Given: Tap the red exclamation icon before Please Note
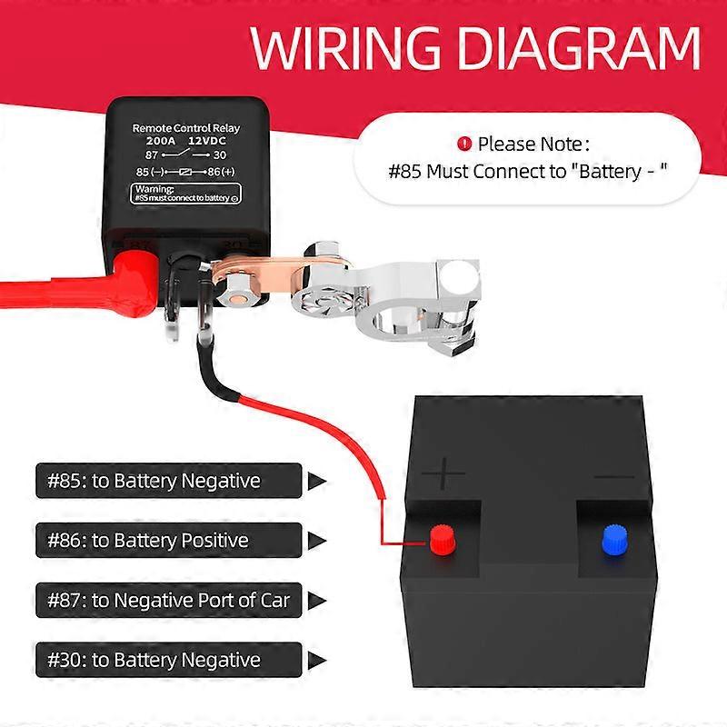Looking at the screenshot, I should point(465,143).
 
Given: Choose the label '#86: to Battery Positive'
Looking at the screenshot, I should point(148,541).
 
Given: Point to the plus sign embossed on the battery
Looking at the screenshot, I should point(444,474).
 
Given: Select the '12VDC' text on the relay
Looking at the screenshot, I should point(205,142).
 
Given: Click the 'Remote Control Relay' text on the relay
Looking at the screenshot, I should point(185,128).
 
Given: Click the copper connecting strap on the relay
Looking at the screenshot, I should point(273,276).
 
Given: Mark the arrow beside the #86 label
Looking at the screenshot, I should point(316,541).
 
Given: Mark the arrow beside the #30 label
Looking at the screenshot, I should point(316,661).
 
